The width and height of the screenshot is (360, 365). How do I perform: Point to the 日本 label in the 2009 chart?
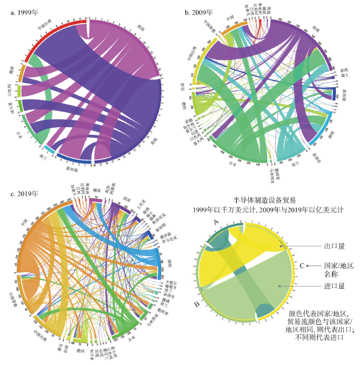(233, 164)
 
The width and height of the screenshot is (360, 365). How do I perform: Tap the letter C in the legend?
(302, 265)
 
